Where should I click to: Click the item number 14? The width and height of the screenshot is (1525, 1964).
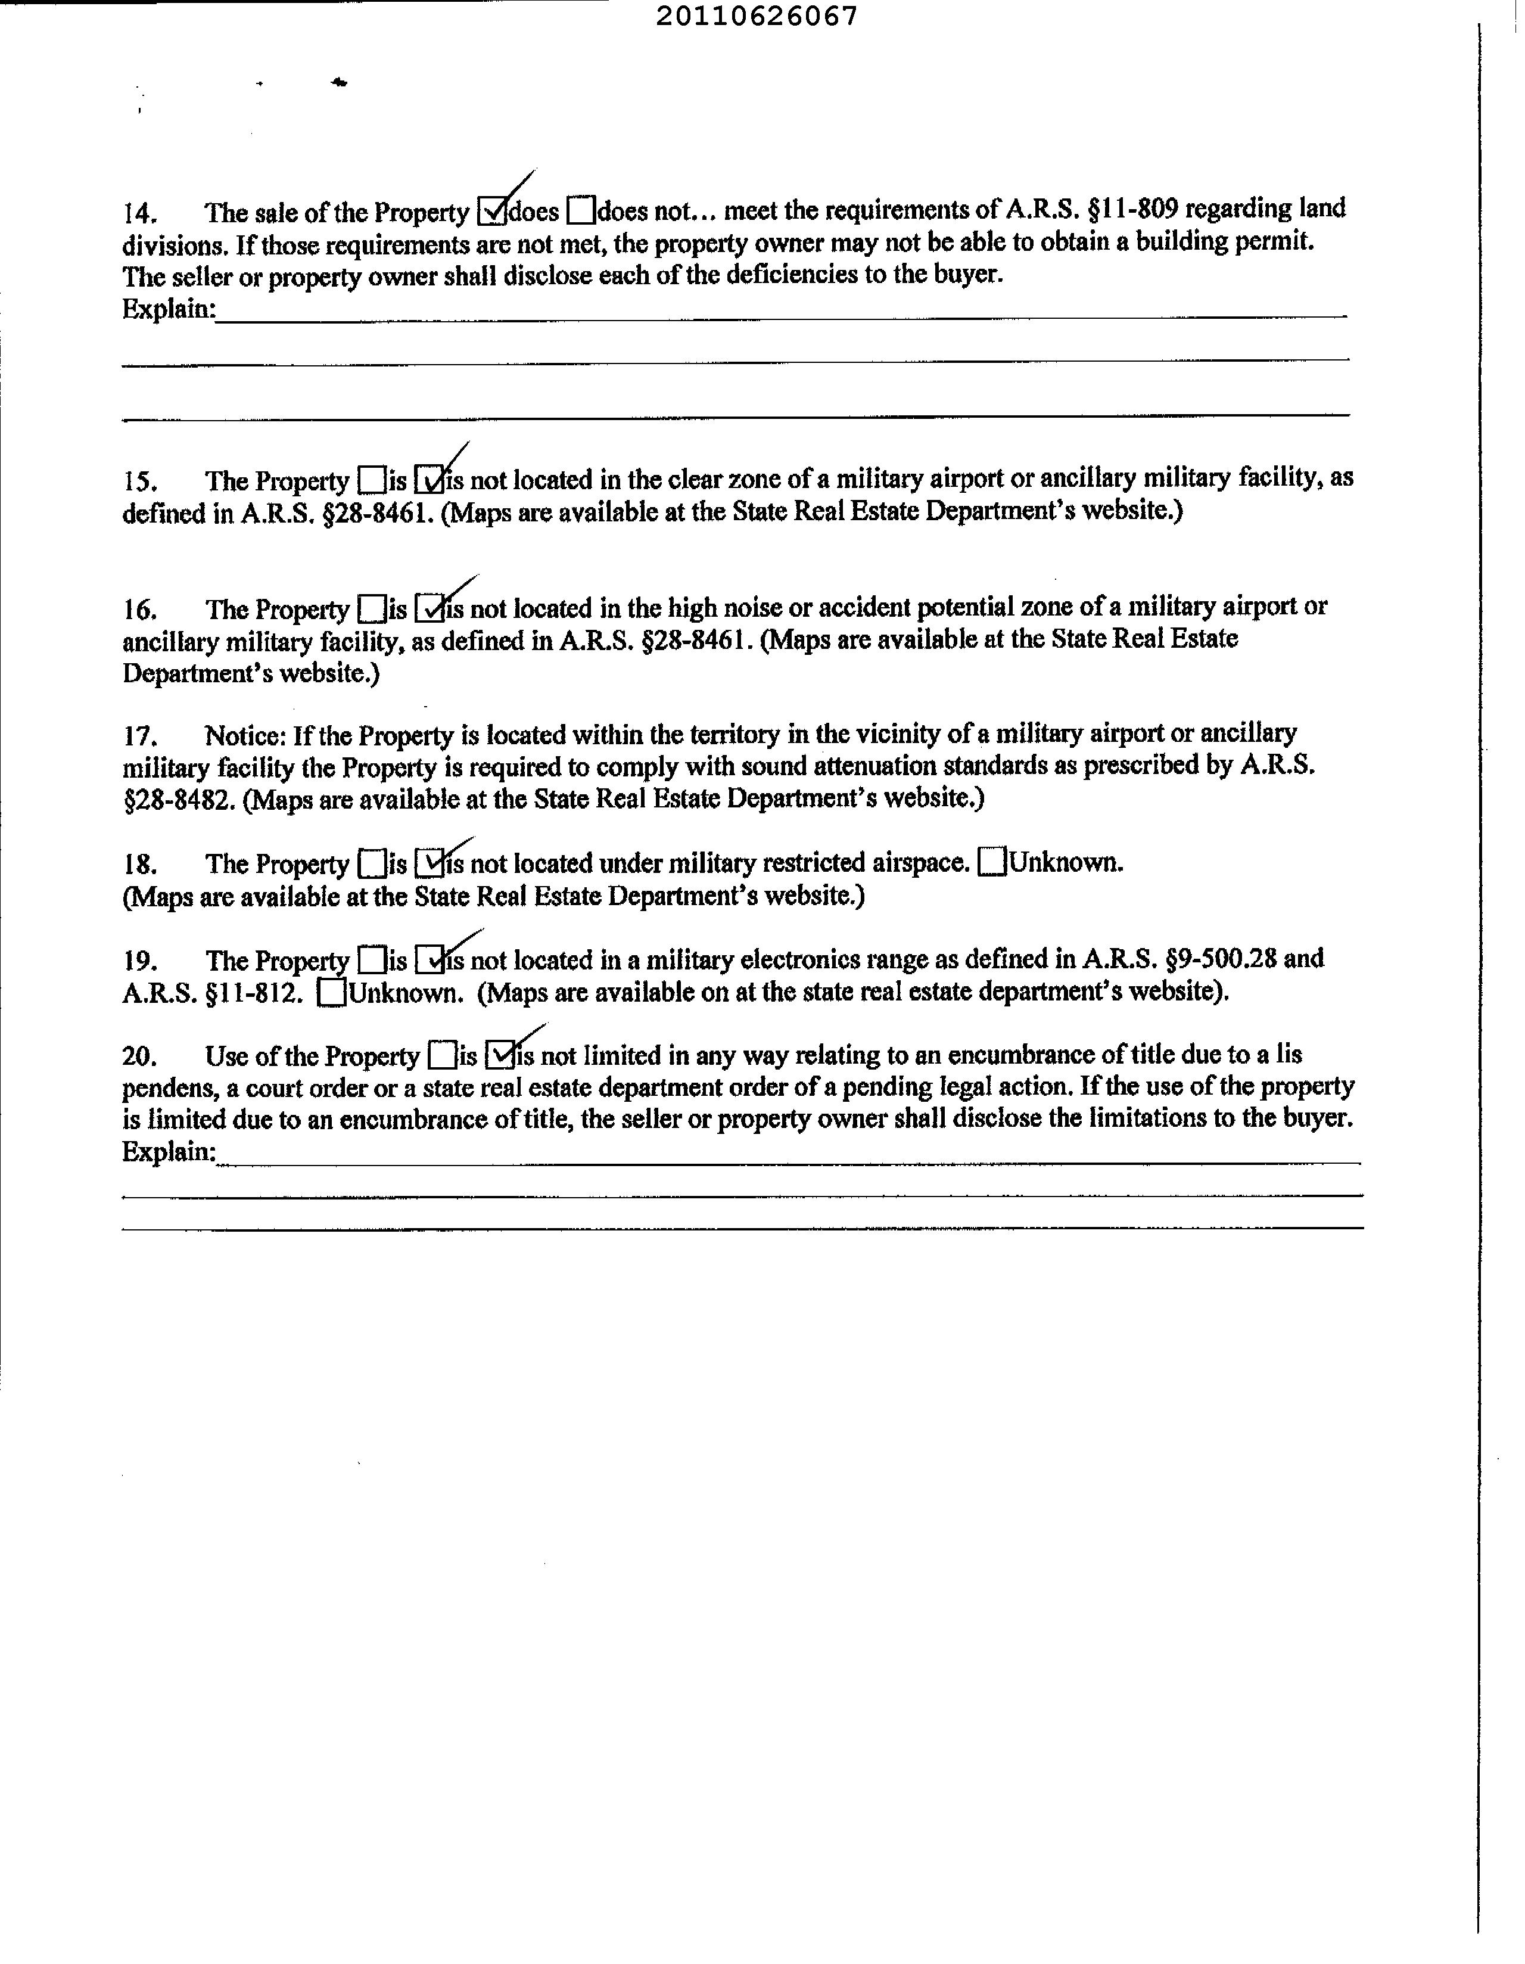[141, 213]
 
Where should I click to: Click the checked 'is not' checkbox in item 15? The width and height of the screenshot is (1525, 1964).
[430, 480]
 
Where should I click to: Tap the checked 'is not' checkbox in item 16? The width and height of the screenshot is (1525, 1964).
[430, 609]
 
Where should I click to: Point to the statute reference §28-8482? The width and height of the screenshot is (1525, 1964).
[179, 800]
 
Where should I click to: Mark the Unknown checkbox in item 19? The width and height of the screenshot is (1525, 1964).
[332, 993]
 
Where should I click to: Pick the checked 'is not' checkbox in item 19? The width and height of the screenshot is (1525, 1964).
[430, 961]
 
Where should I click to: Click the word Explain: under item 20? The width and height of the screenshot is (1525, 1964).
[168, 1152]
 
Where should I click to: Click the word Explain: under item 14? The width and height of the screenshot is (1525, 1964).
[168, 309]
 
